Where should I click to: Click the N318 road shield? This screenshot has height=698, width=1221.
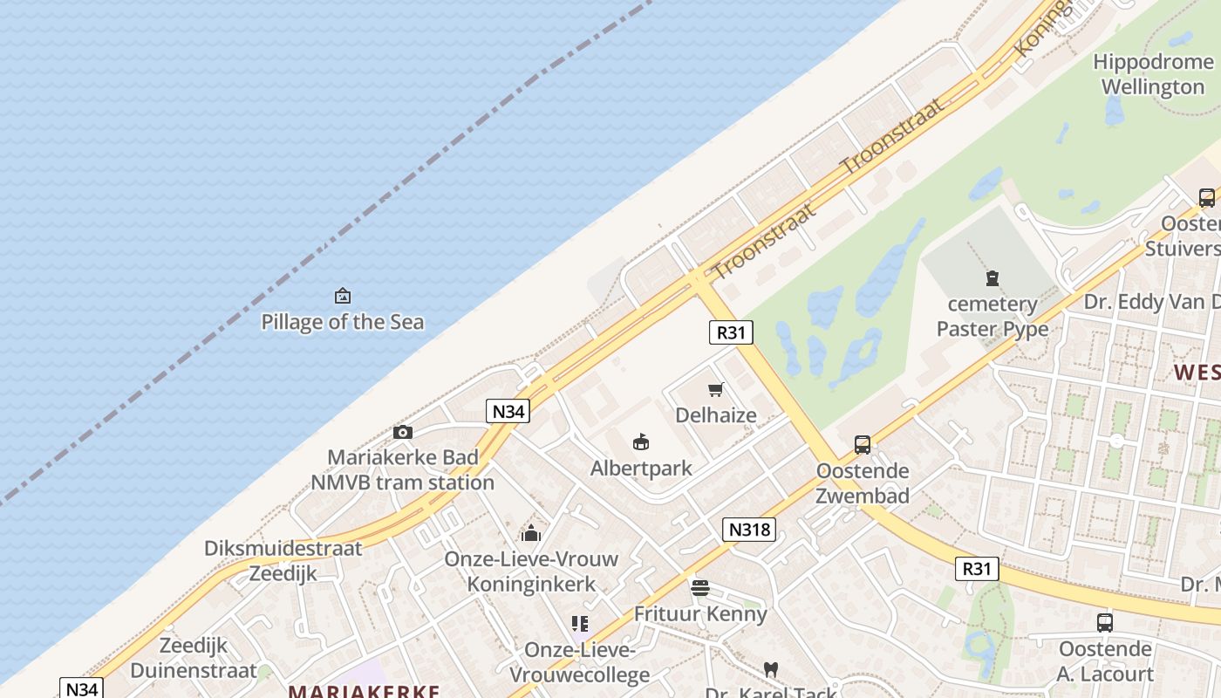(748, 529)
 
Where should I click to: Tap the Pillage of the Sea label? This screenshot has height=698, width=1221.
(343, 322)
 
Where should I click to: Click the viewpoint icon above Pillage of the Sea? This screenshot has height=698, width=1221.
(343, 296)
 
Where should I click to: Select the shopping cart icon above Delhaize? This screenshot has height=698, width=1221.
(716, 389)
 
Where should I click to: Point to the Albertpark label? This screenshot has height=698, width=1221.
(641, 468)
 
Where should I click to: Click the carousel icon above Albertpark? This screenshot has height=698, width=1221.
(641, 441)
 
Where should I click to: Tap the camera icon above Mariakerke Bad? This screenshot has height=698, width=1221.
(403, 432)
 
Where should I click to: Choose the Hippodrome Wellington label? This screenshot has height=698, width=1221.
(1152, 74)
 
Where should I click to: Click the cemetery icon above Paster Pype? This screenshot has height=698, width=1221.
(992, 278)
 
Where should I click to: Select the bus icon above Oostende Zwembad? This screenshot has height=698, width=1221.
(863, 445)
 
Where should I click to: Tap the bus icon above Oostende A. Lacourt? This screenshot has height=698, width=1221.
(1105, 623)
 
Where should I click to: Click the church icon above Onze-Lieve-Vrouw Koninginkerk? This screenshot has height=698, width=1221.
(531, 533)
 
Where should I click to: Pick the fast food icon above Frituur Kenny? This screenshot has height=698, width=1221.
(700, 588)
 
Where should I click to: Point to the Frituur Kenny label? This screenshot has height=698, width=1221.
(700, 613)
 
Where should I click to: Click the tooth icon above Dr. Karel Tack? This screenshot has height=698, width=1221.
(770, 669)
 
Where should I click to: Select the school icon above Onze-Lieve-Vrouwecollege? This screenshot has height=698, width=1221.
(580, 624)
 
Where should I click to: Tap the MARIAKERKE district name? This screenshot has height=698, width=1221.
(365, 691)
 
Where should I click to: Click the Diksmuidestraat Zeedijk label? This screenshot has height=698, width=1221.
(283, 561)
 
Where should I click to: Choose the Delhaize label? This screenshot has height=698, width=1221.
(716, 415)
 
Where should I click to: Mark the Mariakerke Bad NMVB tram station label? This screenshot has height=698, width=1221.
(403, 469)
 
